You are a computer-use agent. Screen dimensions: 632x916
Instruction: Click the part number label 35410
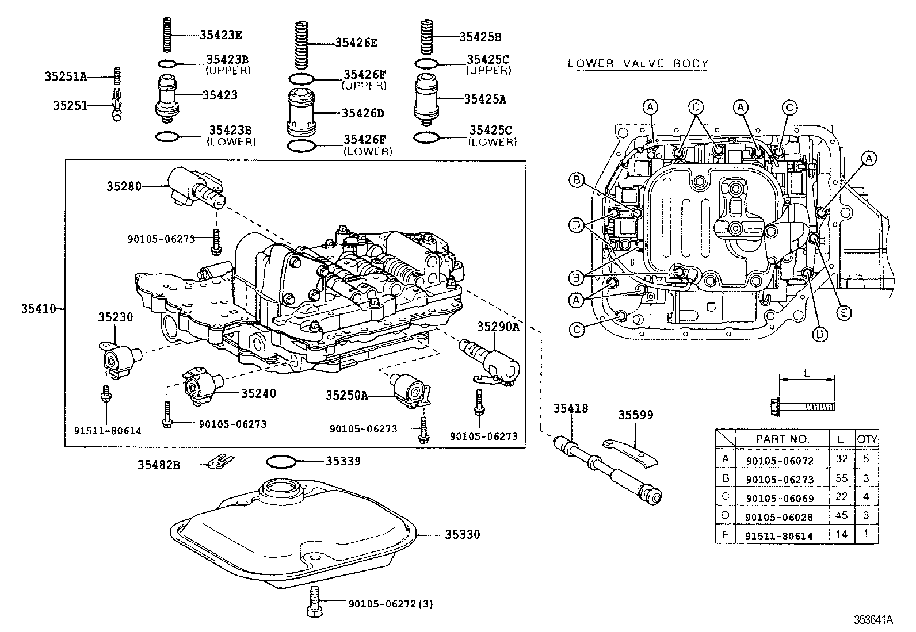click(x=39, y=309)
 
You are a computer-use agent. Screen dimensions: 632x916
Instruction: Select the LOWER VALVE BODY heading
click(x=638, y=64)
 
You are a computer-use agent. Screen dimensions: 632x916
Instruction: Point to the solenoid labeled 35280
click(x=194, y=187)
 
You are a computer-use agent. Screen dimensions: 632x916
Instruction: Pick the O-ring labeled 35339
click(x=282, y=461)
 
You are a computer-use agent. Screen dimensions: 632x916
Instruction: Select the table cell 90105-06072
click(x=779, y=459)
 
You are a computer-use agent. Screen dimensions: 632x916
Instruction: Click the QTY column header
click(x=867, y=439)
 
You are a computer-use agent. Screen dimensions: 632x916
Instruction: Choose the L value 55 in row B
click(x=841, y=478)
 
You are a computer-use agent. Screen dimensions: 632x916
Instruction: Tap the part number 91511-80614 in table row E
click(x=779, y=536)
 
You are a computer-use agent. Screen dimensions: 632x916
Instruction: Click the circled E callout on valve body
click(x=843, y=313)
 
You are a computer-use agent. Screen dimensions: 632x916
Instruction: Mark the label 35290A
click(x=498, y=327)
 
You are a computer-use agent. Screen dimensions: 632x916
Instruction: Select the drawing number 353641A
click(x=873, y=619)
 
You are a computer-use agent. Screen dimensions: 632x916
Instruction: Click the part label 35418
click(x=570, y=408)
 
